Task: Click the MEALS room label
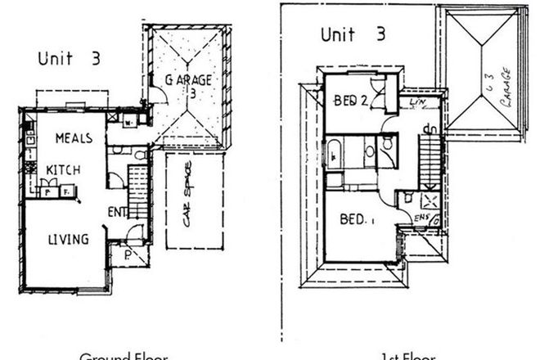coord(73,138)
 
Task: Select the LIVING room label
coord(68,239)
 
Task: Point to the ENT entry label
coord(116,212)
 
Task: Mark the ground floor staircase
coord(138,191)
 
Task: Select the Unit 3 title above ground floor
coord(69,58)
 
